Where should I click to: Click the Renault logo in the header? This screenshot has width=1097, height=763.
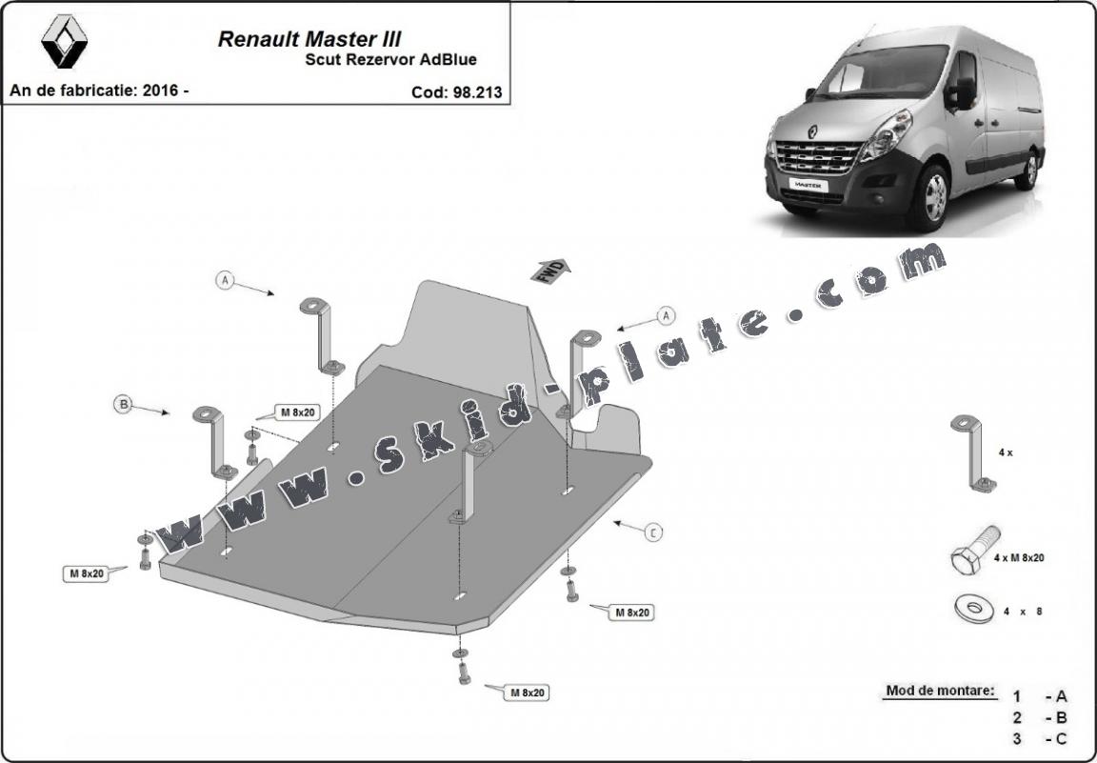64,41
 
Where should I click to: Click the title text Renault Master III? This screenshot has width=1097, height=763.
309,39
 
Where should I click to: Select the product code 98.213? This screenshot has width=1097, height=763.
456,92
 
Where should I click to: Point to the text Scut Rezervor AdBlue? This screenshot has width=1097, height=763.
390,60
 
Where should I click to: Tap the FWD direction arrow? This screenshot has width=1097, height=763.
549,271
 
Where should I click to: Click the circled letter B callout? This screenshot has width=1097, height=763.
123,405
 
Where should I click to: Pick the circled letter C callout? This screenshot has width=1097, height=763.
652,532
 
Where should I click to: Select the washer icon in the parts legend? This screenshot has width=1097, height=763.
972,607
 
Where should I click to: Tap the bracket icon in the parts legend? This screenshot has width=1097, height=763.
971,454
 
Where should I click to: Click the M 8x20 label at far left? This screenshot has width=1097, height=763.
84,573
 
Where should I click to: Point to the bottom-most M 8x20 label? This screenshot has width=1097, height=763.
527,693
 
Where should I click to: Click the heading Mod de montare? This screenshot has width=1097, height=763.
940,691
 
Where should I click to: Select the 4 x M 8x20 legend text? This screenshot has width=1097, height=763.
1018,557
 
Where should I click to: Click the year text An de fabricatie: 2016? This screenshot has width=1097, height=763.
99,90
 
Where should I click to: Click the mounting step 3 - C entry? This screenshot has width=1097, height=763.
1040,738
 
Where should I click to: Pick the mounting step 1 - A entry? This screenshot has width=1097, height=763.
1040,696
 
